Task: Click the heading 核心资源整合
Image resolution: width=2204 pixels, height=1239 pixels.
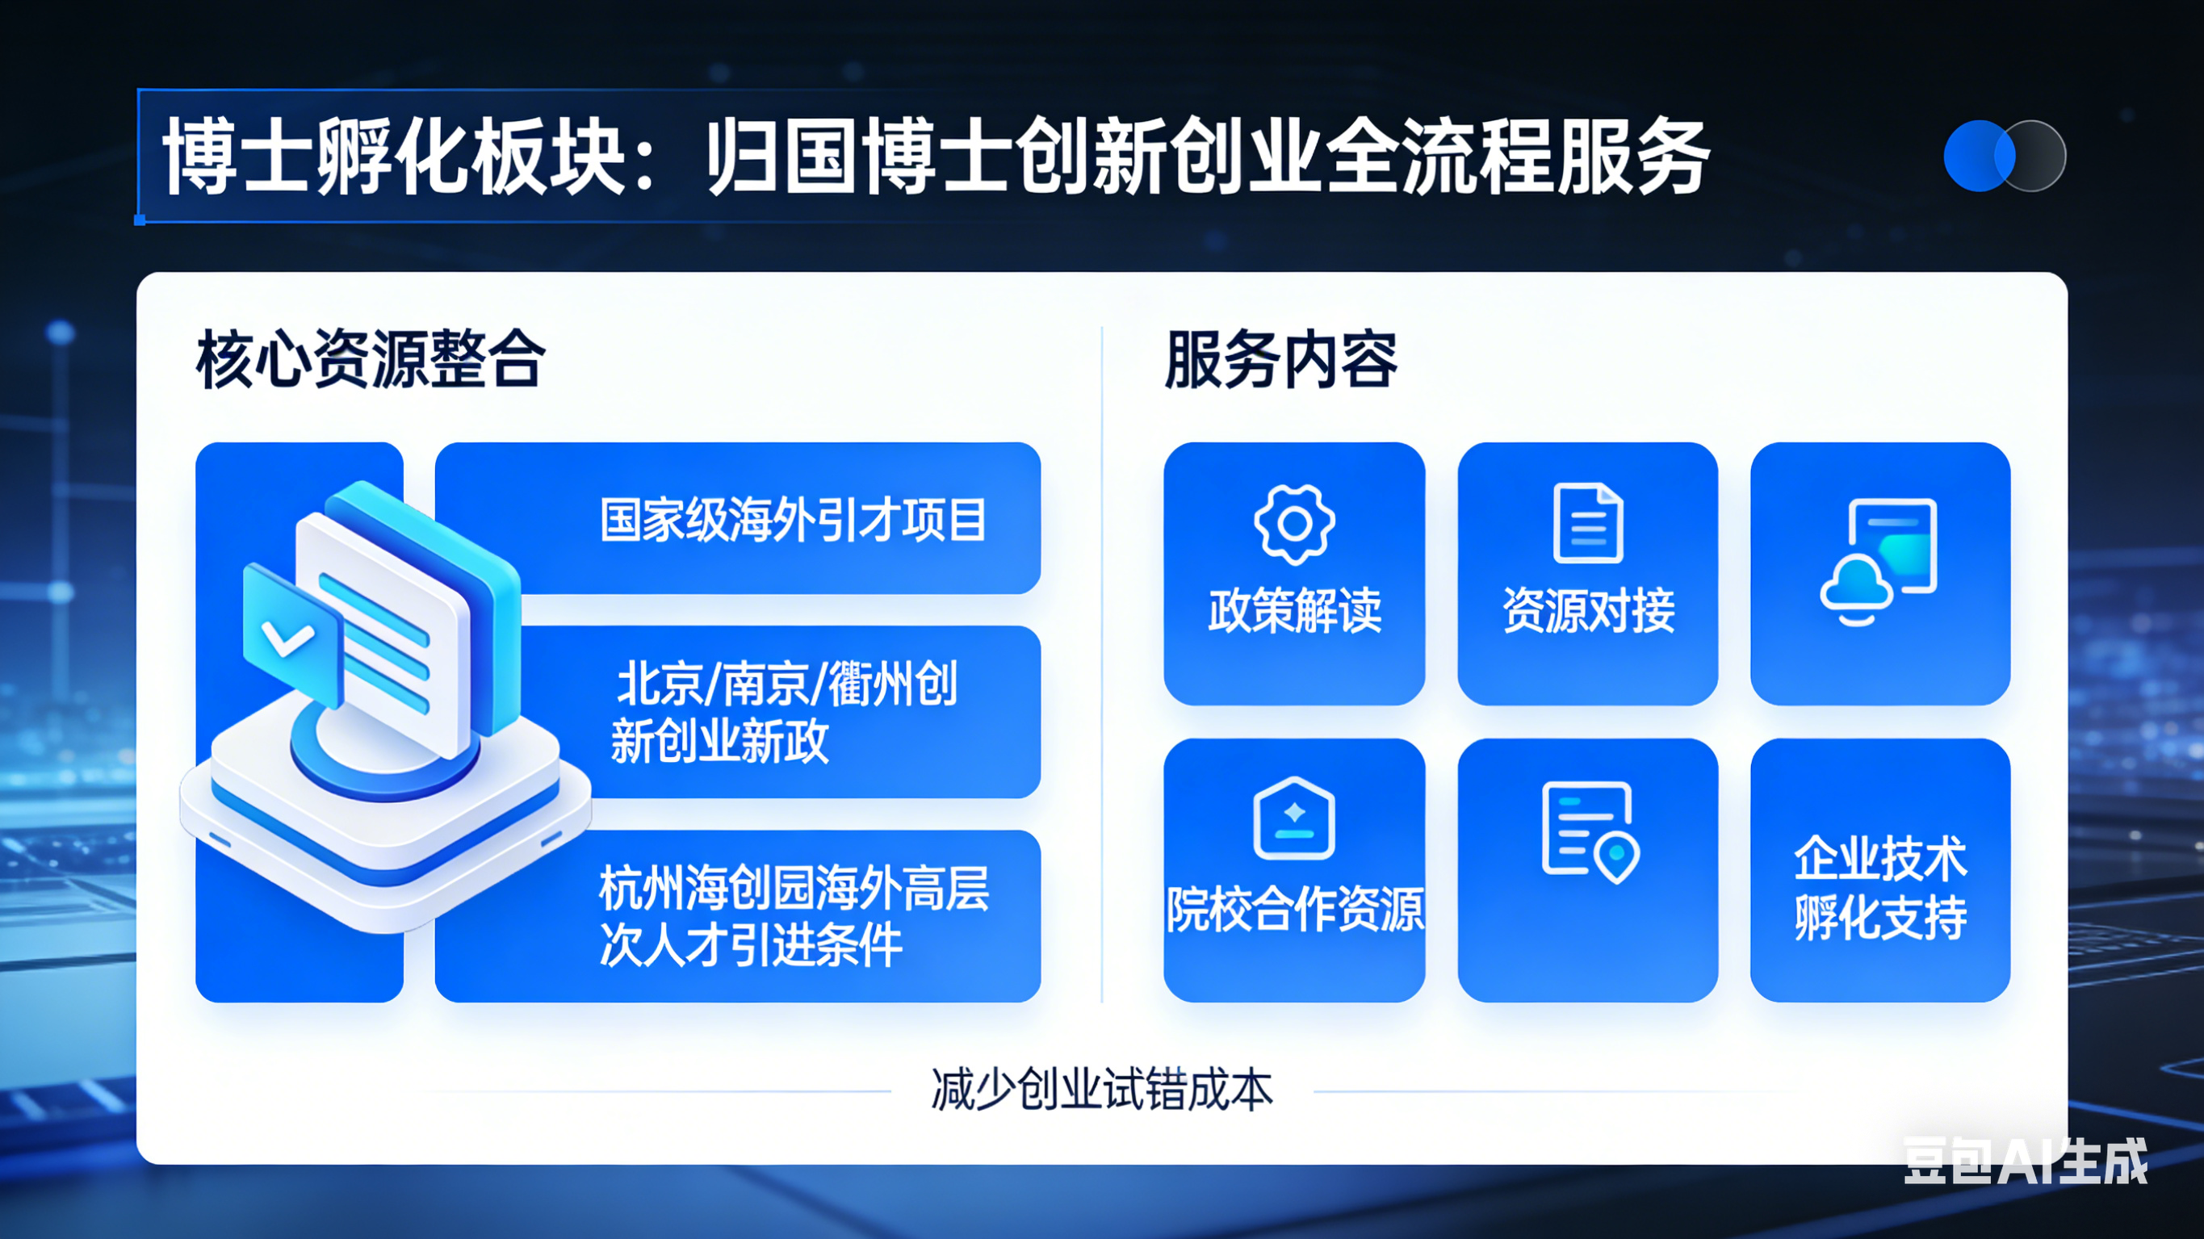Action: coord(371,359)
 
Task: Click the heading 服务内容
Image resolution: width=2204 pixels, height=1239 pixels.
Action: coord(1280,359)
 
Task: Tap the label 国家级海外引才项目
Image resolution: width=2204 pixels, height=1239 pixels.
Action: coord(792,519)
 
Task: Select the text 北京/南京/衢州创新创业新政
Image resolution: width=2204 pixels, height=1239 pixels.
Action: coord(784,712)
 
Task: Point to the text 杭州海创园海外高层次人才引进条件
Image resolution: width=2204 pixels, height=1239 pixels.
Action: coord(793,915)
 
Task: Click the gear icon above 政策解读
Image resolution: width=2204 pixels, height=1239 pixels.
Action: coord(1293,524)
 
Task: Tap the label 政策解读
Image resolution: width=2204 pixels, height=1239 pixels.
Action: coord(1294,610)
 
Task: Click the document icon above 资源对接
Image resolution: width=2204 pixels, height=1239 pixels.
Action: coord(1588,523)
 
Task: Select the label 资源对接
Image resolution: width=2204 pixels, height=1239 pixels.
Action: coord(1588,610)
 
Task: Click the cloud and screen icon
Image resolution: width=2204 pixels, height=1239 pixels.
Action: coord(1879,562)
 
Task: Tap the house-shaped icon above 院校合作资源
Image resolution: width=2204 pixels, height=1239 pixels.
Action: coord(1293,818)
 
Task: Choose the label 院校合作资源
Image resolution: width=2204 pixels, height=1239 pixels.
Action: coord(1294,909)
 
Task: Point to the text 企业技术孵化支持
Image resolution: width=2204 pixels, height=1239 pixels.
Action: coord(1879,888)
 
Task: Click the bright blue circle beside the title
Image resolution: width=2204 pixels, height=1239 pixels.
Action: coord(1978,156)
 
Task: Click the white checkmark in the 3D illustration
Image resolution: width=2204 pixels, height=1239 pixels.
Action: coord(287,638)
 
